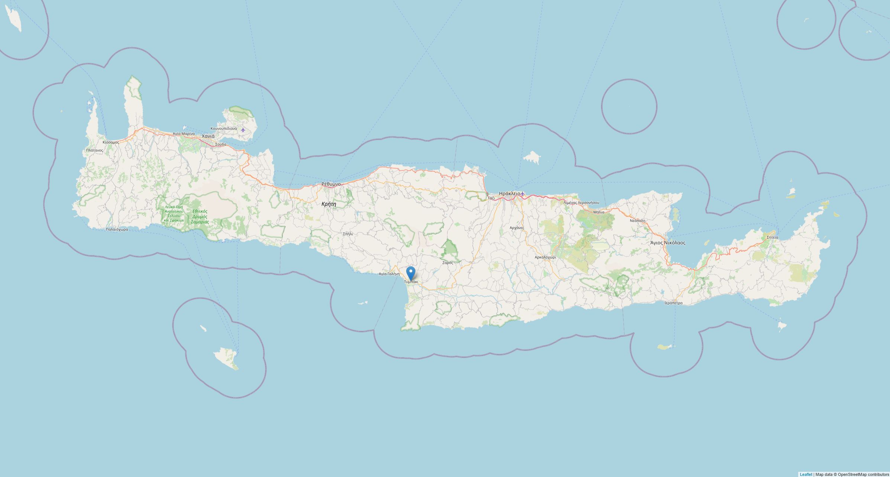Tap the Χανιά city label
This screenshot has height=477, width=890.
tap(208, 136)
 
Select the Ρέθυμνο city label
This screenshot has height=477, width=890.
tap(331, 184)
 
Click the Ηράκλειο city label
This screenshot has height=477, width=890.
tap(509, 193)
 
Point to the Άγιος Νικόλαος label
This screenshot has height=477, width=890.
tap(667, 243)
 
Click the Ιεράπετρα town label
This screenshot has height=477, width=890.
tap(673, 303)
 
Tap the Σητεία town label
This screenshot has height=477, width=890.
tap(772, 237)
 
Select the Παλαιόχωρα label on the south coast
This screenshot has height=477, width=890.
tap(117, 229)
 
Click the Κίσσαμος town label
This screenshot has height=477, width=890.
tap(111, 142)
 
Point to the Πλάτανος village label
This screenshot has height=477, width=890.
tap(94, 150)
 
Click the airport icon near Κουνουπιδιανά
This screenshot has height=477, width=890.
tap(243, 130)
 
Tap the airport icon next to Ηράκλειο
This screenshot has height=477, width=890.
tap(522, 194)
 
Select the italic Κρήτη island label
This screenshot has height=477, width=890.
tap(329, 204)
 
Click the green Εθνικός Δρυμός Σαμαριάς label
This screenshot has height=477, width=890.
tap(200, 216)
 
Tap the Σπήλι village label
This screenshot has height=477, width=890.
tap(348, 234)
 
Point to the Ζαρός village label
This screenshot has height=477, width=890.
tap(447, 263)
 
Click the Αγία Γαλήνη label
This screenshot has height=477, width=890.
tap(389, 274)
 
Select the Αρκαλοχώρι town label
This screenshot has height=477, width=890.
tap(545, 257)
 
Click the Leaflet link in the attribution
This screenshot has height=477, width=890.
tap(806, 474)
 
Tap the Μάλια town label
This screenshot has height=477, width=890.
tap(599, 212)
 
